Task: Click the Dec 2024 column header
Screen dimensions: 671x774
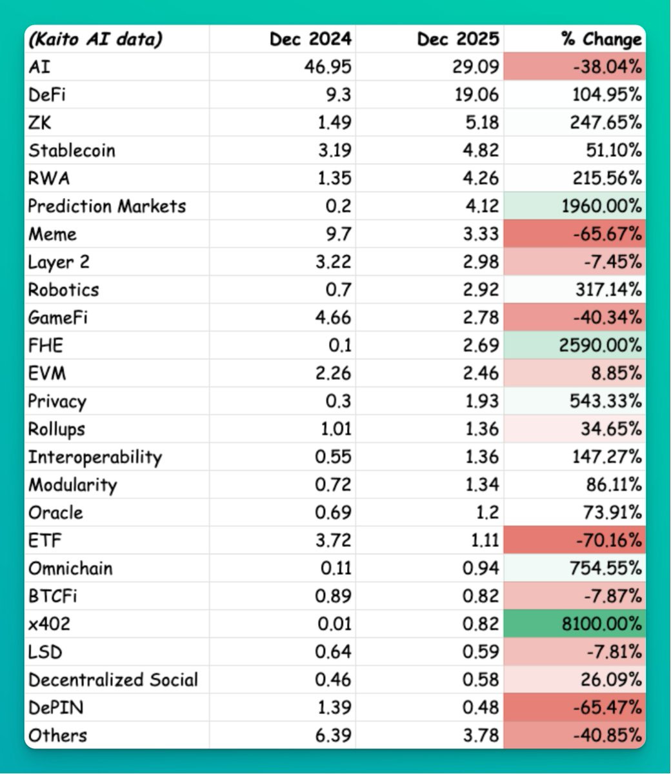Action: tap(310, 39)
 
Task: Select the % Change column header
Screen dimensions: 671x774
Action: tap(601, 39)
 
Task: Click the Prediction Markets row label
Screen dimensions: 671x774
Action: tap(106, 206)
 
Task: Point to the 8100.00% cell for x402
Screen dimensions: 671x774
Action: tap(602, 624)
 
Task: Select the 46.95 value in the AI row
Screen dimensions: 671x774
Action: tap(328, 67)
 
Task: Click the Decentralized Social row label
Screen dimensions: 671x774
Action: tap(113, 680)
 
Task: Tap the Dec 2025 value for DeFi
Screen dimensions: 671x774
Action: tap(477, 95)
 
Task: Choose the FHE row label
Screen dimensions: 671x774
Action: tap(45, 345)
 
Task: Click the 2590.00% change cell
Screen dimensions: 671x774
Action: tap(600, 345)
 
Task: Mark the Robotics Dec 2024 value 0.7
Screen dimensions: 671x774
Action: tap(338, 290)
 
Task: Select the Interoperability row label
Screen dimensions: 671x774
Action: tap(95, 457)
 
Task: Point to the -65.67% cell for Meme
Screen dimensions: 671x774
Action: tap(607, 234)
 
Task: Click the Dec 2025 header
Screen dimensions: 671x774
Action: tap(458, 39)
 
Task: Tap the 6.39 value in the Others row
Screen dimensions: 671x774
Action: tap(333, 735)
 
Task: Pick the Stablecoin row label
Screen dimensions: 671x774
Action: tap(72, 150)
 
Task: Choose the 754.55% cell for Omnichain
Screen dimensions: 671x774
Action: tap(606, 568)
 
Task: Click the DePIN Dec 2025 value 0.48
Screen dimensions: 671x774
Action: tap(481, 708)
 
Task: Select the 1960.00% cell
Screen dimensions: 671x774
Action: tap(602, 206)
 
